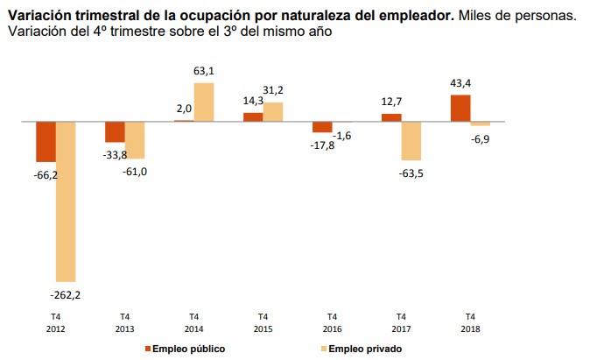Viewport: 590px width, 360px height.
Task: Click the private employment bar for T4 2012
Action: [66, 201]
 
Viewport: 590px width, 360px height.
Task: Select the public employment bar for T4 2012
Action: [46, 142]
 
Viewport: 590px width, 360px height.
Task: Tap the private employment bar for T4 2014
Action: [203, 102]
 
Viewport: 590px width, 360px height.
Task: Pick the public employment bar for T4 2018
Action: [460, 108]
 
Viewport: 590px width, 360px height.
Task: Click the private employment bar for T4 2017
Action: [411, 141]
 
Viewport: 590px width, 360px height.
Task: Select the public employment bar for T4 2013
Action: [115, 132]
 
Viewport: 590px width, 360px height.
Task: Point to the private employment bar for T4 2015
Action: [273, 112]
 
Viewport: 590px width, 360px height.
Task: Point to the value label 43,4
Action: [460, 83]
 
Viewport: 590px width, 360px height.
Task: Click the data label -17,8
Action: [323, 145]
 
